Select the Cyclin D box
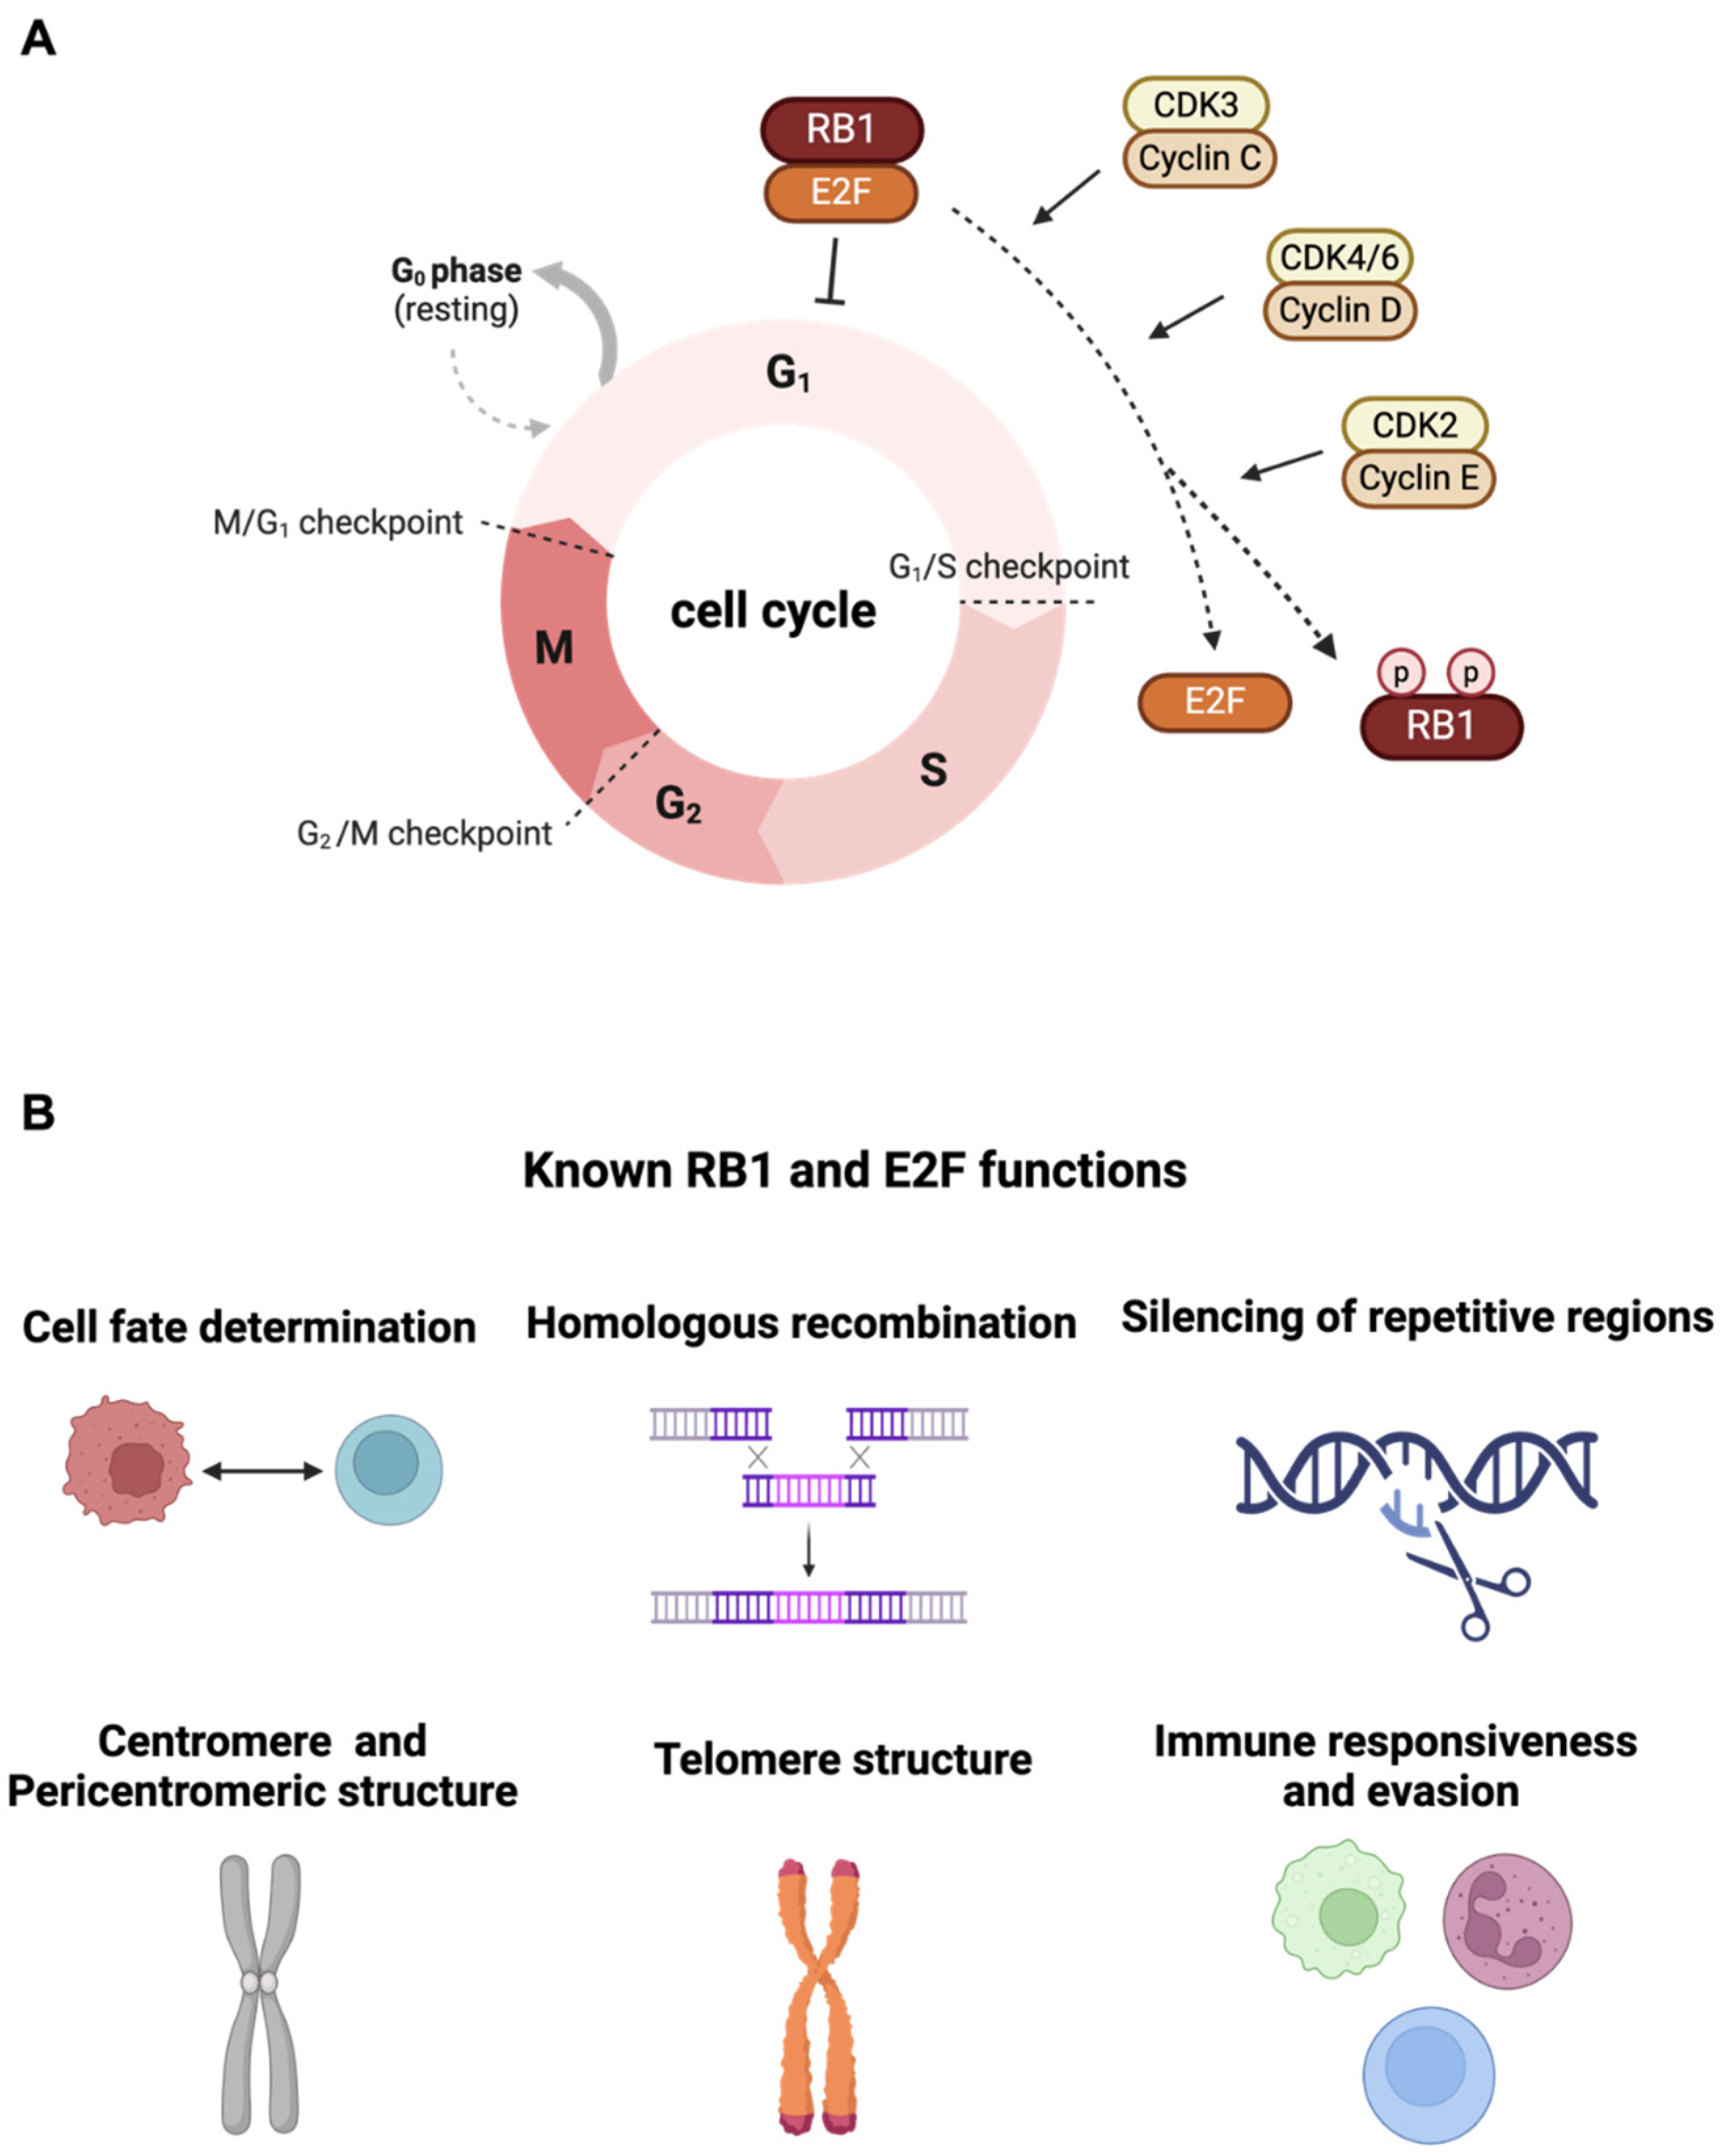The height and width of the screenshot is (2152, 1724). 1340,311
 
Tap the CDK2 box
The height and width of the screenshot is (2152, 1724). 1415,425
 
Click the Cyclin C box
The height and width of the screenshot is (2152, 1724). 1199,159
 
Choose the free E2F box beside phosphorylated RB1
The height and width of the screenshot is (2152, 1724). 1214,701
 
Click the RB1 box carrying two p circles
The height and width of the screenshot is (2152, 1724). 1442,726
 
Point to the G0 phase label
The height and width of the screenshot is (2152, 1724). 456,271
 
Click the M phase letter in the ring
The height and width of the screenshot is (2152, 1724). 554,648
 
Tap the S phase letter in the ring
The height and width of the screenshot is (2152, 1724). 933,770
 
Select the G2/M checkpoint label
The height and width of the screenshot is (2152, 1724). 424,833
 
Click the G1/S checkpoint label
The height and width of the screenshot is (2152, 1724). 1008,567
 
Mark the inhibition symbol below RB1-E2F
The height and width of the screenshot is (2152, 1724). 831,271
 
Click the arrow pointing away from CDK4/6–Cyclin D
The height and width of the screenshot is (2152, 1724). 1185,317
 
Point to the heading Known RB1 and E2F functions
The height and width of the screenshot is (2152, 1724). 855,1170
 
